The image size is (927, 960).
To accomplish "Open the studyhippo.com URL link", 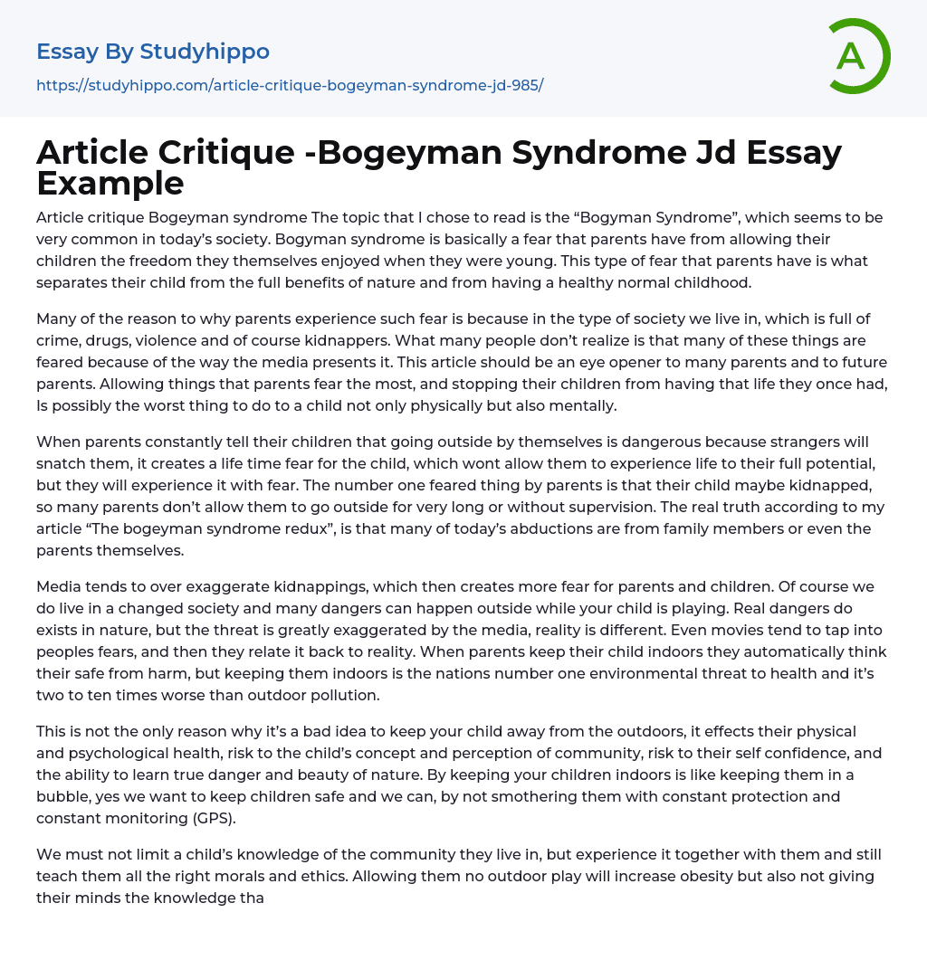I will tap(290, 86).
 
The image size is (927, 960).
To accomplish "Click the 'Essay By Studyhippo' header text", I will tap(153, 52).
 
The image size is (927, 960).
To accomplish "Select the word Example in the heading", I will tap(110, 184).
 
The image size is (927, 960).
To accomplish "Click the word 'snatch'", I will tap(62, 463).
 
